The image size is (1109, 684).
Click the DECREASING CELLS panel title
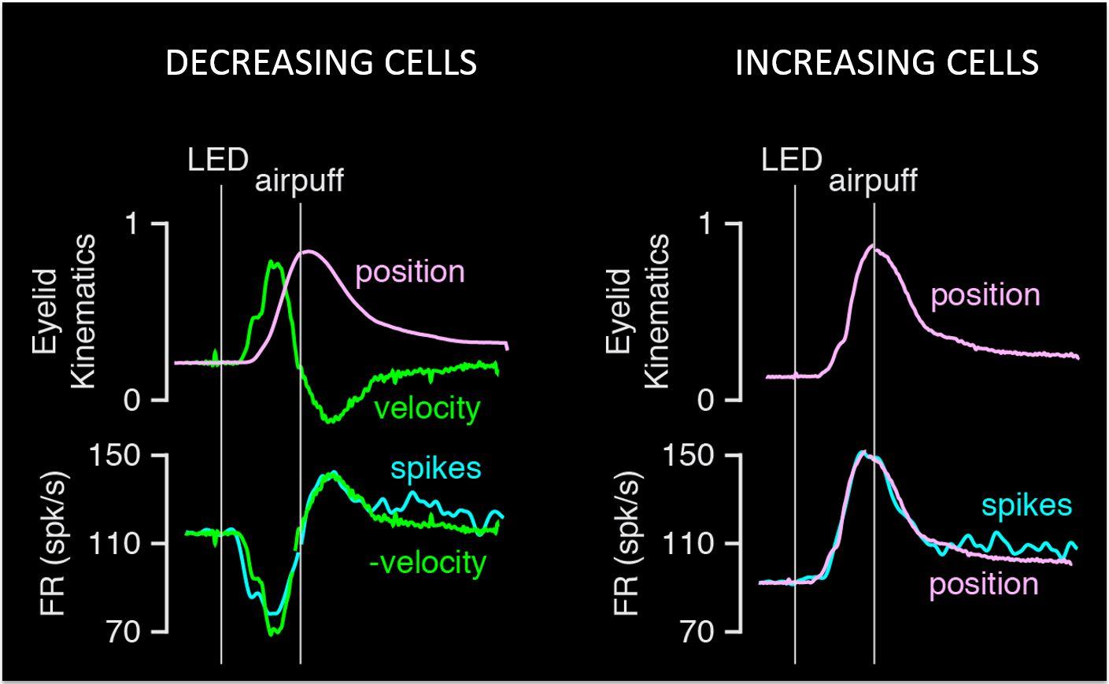pyautogui.click(x=321, y=63)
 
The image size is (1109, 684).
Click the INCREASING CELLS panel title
pyautogui.click(x=886, y=63)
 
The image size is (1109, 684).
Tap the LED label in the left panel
pyautogui.click(x=218, y=161)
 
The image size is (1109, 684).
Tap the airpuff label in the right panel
pyautogui.click(x=873, y=181)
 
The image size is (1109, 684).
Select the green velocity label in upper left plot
pyautogui.click(x=427, y=409)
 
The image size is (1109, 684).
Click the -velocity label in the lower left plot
pyautogui.click(x=427, y=563)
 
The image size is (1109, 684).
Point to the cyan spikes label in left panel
pyautogui.click(x=435, y=468)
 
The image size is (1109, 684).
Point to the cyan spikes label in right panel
pyautogui.click(x=1026, y=505)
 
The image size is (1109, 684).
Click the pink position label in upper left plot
pyautogui.click(x=410, y=272)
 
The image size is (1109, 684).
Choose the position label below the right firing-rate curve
pyautogui.click(x=984, y=584)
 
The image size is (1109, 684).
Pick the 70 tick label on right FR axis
pyautogui.click(x=695, y=631)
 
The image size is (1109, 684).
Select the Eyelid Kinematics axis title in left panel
pyautogui.click(x=63, y=312)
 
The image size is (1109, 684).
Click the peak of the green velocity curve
pyautogui.click(x=274, y=262)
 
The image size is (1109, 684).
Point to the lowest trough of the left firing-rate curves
pyautogui.click(x=272, y=632)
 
